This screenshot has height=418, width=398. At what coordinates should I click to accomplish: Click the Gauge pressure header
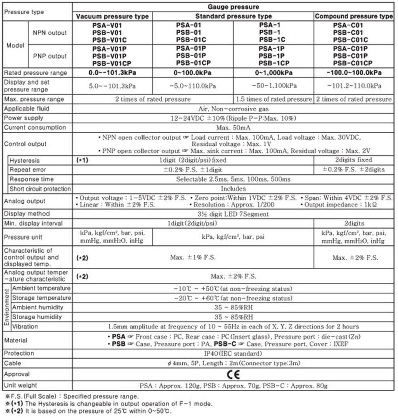(x=233, y=7)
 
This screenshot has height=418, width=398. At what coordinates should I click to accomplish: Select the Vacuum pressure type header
(x=113, y=16)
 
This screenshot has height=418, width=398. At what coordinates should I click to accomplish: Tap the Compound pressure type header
(x=354, y=16)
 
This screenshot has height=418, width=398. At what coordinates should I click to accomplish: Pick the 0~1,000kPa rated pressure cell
(x=273, y=73)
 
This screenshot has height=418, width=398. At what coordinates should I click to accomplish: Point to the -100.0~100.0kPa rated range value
(x=354, y=73)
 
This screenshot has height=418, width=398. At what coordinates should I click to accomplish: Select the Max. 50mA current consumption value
(x=233, y=128)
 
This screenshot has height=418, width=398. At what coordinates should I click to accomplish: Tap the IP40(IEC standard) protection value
(x=233, y=354)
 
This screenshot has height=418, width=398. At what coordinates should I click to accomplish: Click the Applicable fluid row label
(x=21, y=109)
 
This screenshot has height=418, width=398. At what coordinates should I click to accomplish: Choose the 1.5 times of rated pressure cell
(x=273, y=99)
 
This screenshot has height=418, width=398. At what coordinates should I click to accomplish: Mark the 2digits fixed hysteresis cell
(x=354, y=160)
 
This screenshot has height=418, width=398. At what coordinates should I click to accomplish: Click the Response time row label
(x=32, y=179)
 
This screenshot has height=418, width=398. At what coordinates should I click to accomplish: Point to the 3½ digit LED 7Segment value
(x=233, y=213)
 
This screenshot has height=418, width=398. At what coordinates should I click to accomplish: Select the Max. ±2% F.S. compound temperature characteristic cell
(x=354, y=258)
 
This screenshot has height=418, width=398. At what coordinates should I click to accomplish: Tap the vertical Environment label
(x=6, y=307)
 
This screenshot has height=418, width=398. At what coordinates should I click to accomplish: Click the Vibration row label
(x=25, y=327)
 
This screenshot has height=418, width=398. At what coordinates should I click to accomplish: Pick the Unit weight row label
(x=20, y=385)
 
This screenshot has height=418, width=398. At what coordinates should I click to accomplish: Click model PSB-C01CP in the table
(x=354, y=63)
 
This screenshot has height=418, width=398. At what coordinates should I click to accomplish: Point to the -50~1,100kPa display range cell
(x=273, y=86)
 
